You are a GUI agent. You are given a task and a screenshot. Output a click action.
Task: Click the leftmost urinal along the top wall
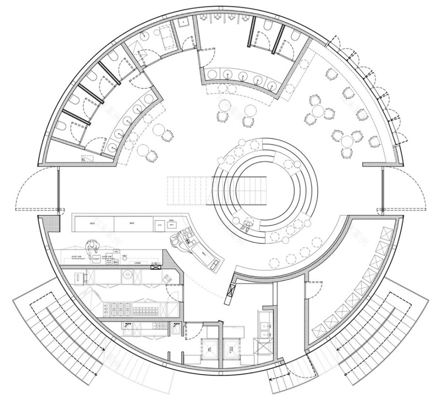[205, 18]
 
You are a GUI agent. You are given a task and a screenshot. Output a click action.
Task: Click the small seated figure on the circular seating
[245, 225]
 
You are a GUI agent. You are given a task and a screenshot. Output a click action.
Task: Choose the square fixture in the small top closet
[183, 22]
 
